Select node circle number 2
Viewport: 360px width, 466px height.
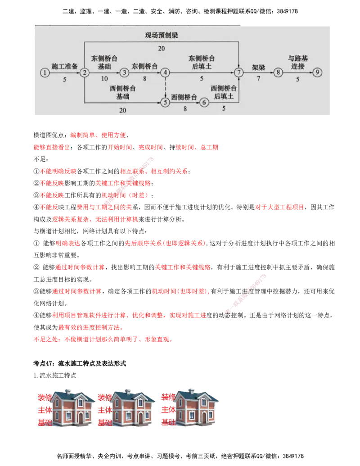click(84, 72)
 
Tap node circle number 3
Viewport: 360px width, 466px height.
click(125, 72)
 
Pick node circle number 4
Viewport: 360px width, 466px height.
click(165, 72)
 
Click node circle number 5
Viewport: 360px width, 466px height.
click(165, 103)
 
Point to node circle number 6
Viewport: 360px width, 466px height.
click(205, 103)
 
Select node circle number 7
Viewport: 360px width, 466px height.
click(239, 72)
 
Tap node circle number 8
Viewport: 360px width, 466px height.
click(279, 72)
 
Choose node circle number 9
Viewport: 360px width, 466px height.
click(318, 72)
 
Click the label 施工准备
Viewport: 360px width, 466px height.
click(65, 66)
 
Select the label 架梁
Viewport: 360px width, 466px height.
click(258, 67)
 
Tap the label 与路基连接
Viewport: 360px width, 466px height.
click(298, 62)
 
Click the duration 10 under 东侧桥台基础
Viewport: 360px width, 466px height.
click(104, 78)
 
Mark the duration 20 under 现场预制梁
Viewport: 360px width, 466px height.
click(162, 48)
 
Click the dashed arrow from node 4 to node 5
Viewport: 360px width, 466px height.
click(165, 87)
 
